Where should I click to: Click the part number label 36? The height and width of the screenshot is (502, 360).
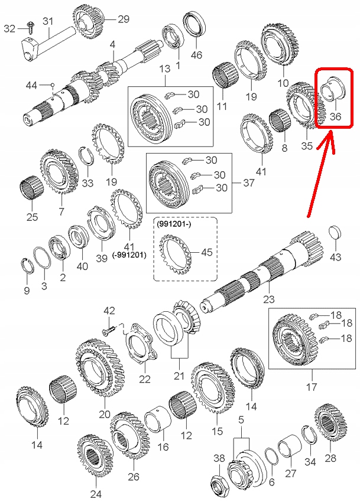(x=335, y=116)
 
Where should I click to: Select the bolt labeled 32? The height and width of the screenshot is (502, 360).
(x=29, y=25)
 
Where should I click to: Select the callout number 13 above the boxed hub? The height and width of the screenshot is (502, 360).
(x=164, y=69)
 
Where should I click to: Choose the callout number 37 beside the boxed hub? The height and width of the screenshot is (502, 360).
(x=249, y=183)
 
